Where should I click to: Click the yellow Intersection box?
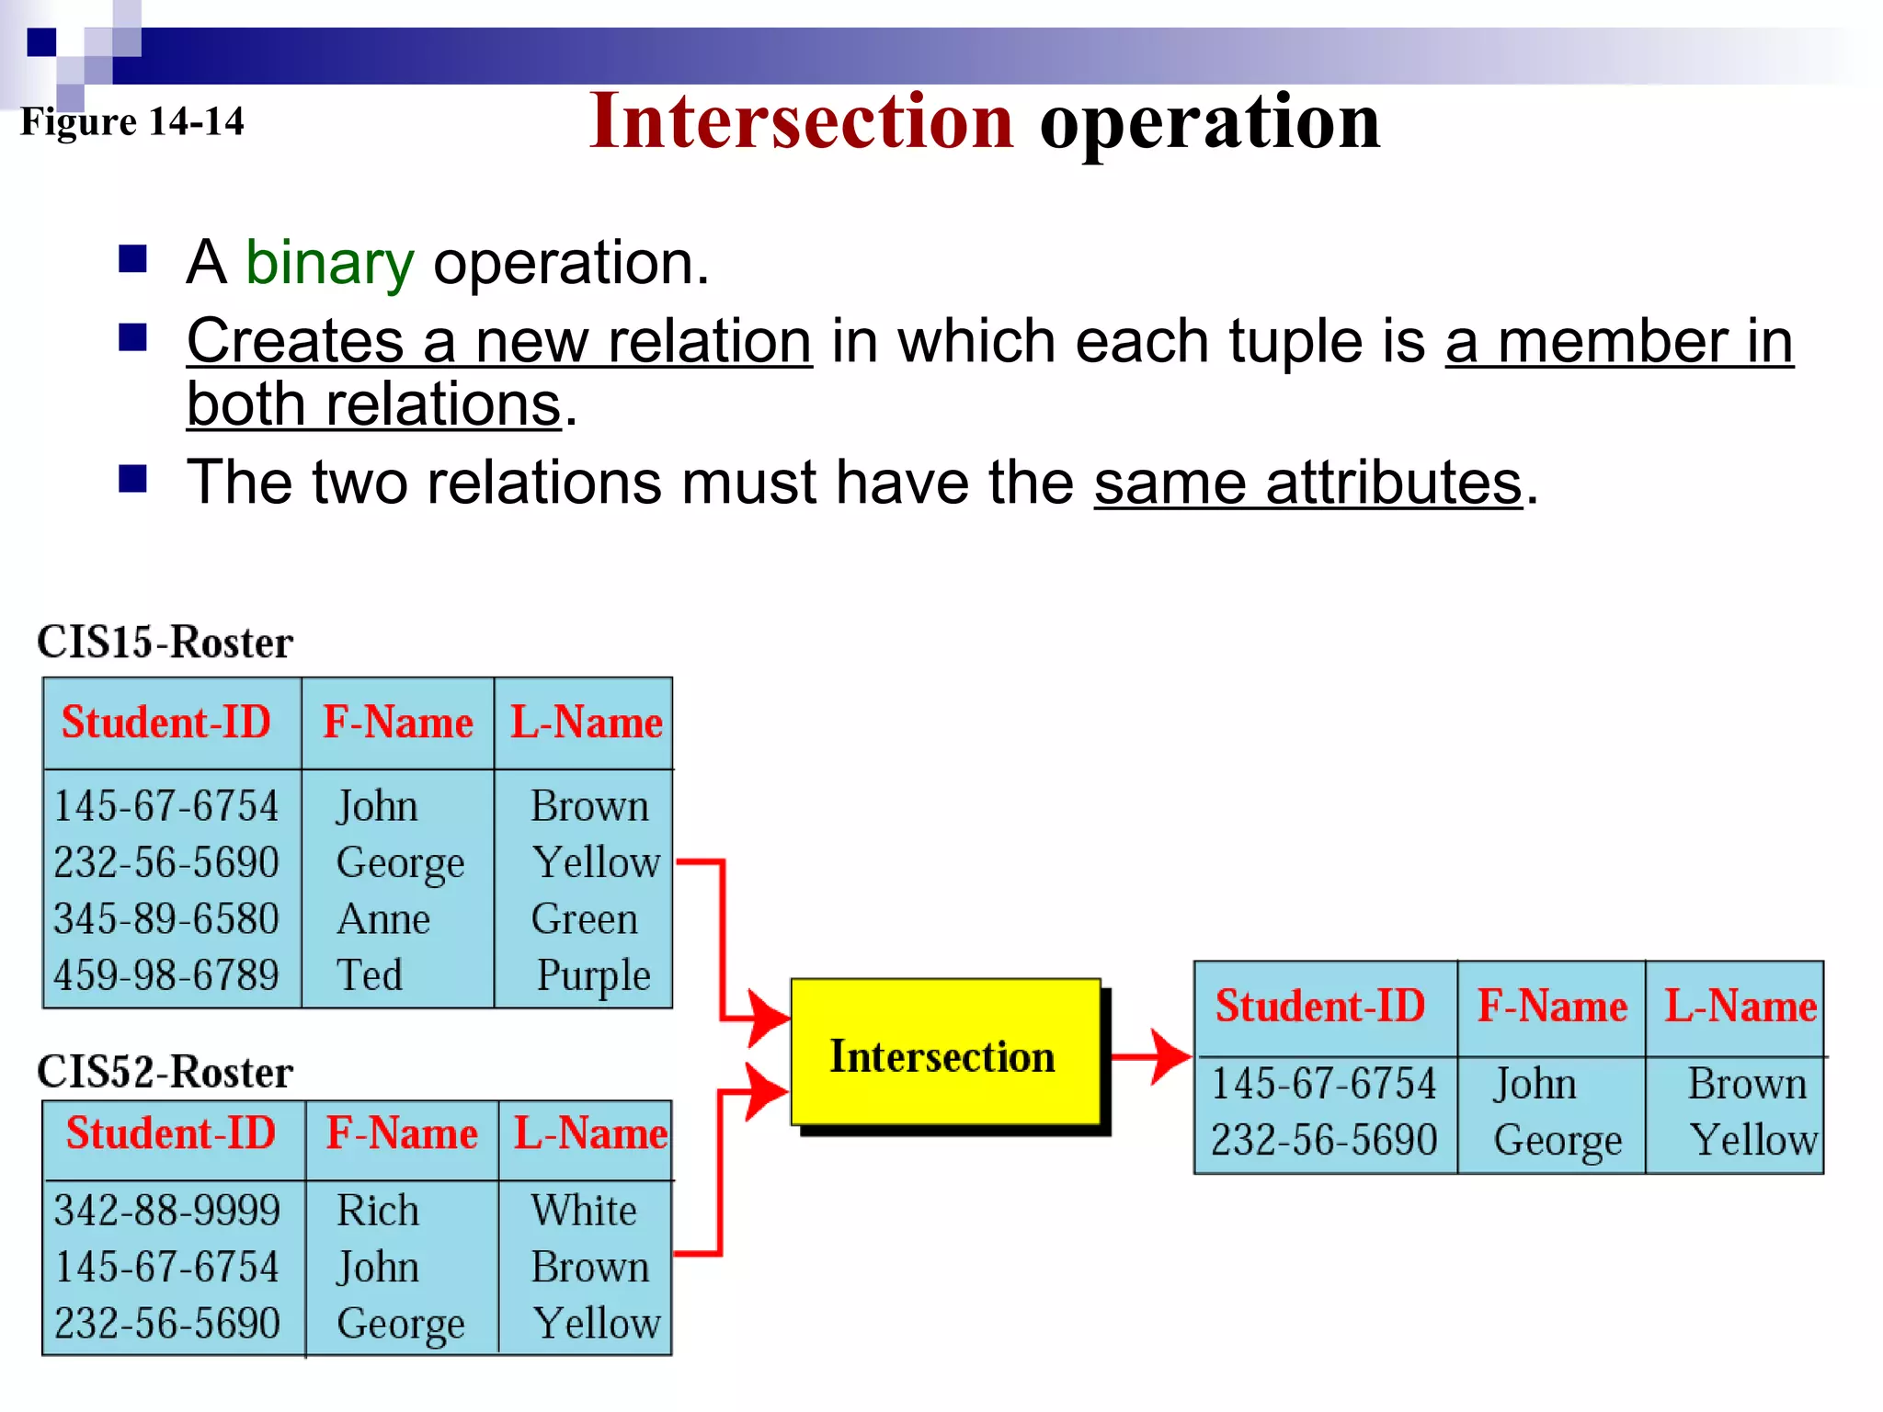pyautogui.click(x=945, y=1053)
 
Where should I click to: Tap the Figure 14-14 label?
pyautogui.click(x=132, y=121)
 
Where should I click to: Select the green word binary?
pyautogui.click(x=329, y=263)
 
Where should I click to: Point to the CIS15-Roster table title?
pyautogui.click(x=165, y=642)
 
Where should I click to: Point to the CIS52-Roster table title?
pyautogui.click(x=165, y=1072)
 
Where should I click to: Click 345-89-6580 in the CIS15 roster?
pyautogui.click(x=166, y=918)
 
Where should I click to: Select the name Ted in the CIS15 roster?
pyautogui.click(x=370, y=974)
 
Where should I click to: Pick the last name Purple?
pyautogui.click(x=593, y=974)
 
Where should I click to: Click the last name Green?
pyautogui.click(x=585, y=918)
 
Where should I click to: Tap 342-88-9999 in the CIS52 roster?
pyautogui.click(x=166, y=1210)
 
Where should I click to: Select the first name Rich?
pyautogui.click(x=378, y=1210)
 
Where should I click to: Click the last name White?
pyautogui.click(x=584, y=1210)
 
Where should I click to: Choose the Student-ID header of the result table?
pyautogui.click(x=1320, y=1006)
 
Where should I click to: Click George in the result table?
pyautogui.click(x=1557, y=1140)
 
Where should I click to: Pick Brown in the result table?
pyautogui.click(x=1747, y=1084)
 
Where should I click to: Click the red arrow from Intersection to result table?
pyautogui.click(x=1151, y=1056)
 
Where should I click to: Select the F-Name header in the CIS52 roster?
pyautogui.click(x=402, y=1133)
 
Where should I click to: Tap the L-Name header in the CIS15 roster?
pyautogui.click(x=587, y=723)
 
